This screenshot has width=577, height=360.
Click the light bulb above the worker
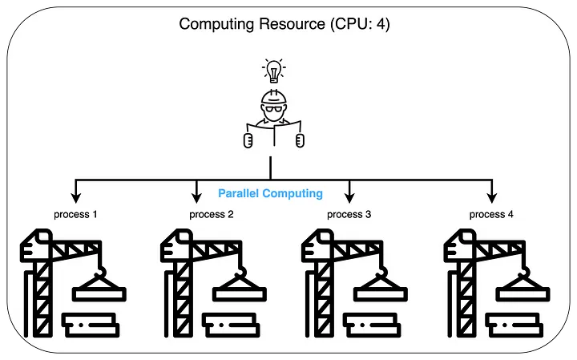(x=274, y=71)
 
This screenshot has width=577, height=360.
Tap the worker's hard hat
(x=274, y=98)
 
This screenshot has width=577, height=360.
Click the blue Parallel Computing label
(x=270, y=193)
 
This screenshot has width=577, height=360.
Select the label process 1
(x=75, y=214)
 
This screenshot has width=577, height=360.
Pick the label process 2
(x=212, y=214)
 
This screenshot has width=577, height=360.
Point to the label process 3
(x=349, y=214)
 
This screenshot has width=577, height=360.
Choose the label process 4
(x=491, y=214)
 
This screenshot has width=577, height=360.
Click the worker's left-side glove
(x=248, y=141)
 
